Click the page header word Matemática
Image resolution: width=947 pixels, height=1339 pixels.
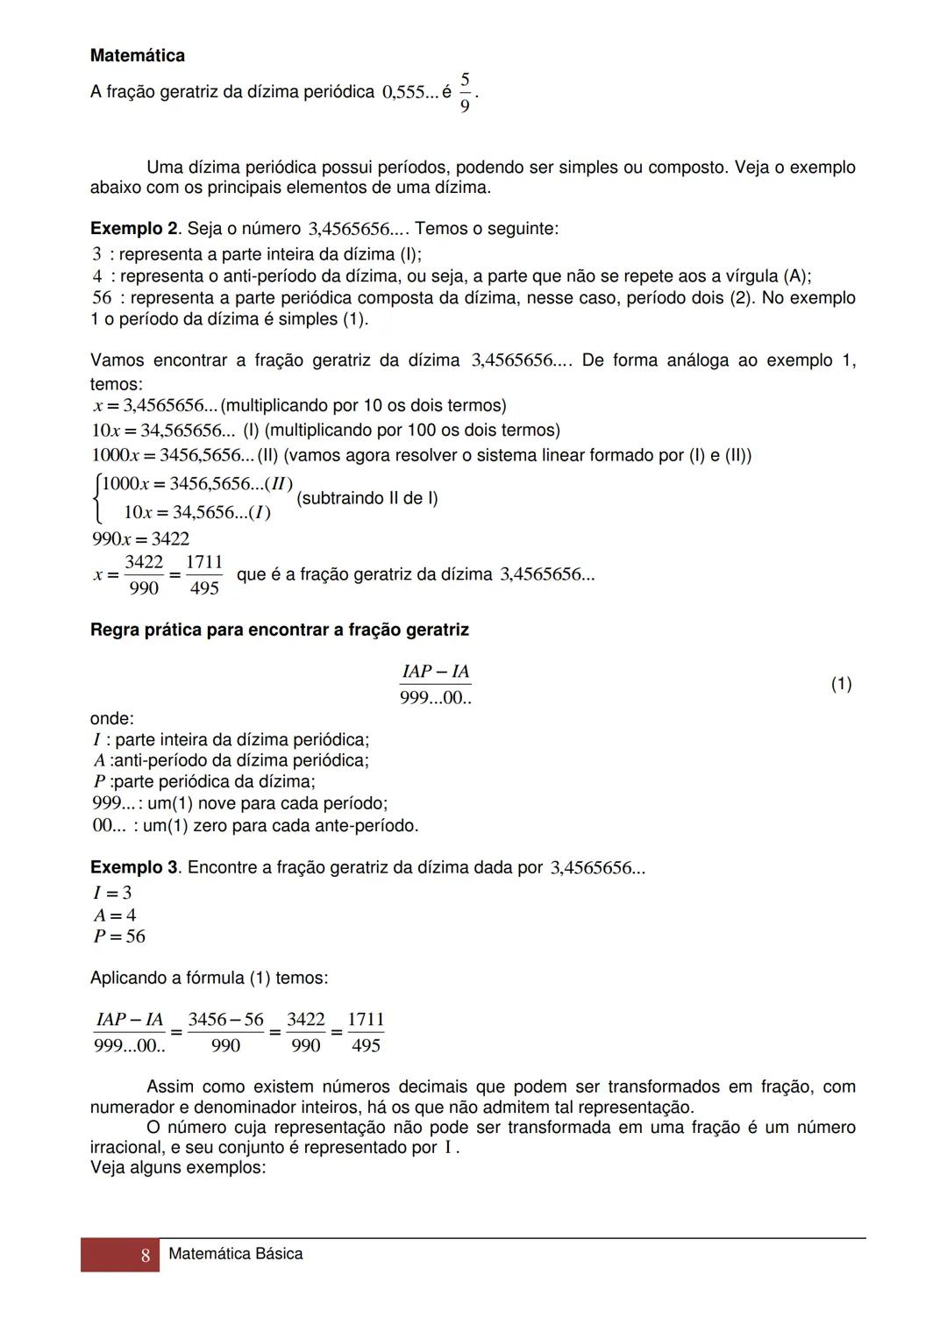[137, 56]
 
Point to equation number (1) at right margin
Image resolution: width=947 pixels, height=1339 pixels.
[841, 684]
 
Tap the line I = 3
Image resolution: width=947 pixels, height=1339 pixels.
[112, 894]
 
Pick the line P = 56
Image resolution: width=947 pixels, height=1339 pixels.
[119, 937]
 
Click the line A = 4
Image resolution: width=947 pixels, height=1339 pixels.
[115, 915]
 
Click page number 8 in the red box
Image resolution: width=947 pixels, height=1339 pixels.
[146, 1256]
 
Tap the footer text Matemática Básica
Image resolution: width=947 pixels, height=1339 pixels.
[235, 1254]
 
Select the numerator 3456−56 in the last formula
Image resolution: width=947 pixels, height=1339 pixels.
[225, 1020]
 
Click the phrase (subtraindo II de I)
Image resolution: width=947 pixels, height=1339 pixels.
[367, 498]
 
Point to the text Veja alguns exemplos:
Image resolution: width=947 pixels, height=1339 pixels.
[177, 1168]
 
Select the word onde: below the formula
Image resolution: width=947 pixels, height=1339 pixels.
[112, 719]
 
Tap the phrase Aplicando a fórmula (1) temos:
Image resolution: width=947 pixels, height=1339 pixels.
[209, 978]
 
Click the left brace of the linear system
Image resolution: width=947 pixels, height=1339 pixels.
[96, 498]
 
